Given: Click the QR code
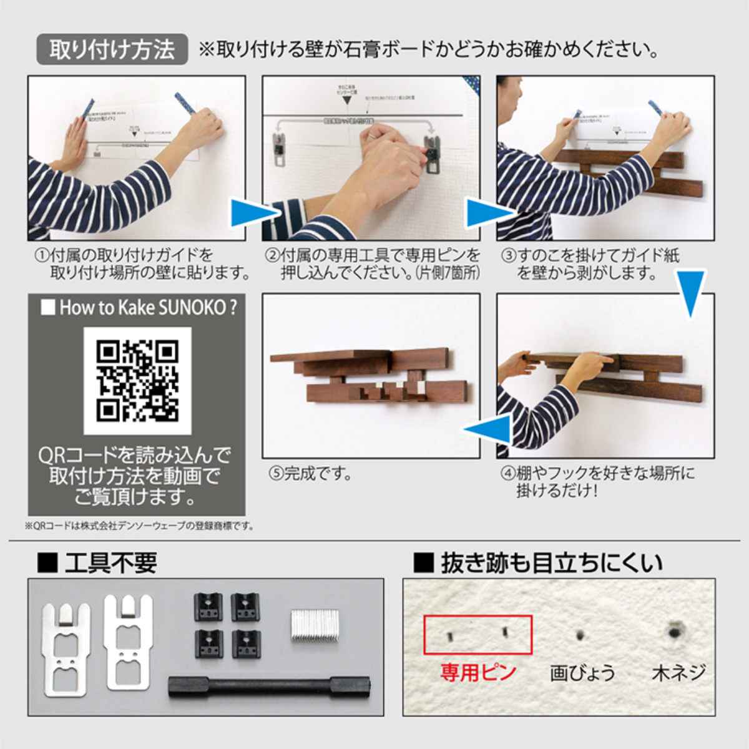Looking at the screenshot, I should pyautogui.click(x=137, y=381).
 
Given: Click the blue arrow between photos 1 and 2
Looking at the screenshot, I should pyautogui.click(x=252, y=213).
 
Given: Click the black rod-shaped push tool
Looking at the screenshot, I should pyautogui.click(x=269, y=687).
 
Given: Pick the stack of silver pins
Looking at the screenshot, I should pyautogui.click(x=315, y=626).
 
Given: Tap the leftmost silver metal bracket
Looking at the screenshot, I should pyautogui.click(x=66, y=649).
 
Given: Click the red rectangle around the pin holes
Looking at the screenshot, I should pyautogui.click(x=477, y=634).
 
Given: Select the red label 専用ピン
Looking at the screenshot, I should pyautogui.click(x=477, y=672).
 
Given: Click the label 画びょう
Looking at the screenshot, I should pyautogui.click(x=582, y=673).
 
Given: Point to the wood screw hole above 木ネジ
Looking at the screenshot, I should pyautogui.click(x=674, y=632).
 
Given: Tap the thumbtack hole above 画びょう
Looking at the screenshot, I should pyautogui.click(x=580, y=635).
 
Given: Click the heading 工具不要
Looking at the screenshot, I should pyautogui.click(x=110, y=563).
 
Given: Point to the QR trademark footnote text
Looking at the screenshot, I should pyautogui.click(x=140, y=526).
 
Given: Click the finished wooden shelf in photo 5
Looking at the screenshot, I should pyautogui.click(x=368, y=374).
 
